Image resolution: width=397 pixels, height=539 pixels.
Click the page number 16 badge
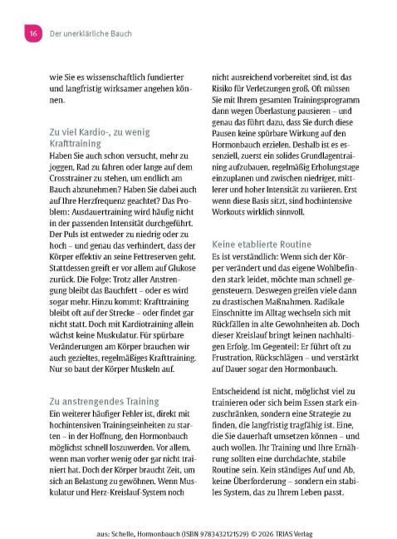point(34,33)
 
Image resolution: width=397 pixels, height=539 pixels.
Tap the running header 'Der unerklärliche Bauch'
point(91,33)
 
